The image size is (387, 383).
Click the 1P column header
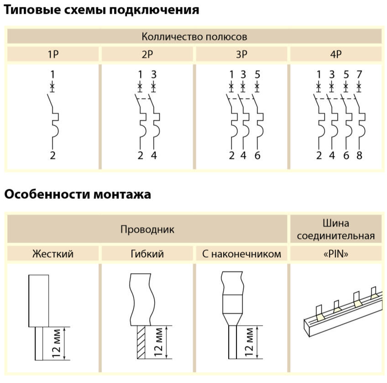(x=53, y=54)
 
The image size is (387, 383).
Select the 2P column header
(x=147, y=54)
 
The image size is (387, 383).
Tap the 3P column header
(x=241, y=54)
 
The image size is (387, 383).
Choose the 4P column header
(x=336, y=54)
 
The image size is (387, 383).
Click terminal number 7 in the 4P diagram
(x=359, y=74)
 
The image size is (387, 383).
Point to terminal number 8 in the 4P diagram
(x=359, y=155)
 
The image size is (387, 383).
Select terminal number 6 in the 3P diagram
(x=257, y=155)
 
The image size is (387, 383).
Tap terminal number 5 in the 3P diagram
(x=257, y=74)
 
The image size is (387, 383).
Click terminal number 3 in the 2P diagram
(x=154, y=74)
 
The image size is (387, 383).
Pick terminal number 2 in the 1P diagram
(x=52, y=155)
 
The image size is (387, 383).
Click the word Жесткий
(x=53, y=254)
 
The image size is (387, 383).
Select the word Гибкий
(x=147, y=254)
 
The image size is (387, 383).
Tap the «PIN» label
(x=336, y=254)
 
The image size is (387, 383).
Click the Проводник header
(x=147, y=230)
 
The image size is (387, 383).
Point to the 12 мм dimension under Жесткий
(x=56, y=343)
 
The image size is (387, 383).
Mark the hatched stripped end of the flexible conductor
(x=141, y=342)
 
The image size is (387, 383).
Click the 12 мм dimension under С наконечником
(x=249, y=342)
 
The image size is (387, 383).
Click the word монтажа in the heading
(x=122, y=194)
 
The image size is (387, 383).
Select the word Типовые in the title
(x=32, y=10)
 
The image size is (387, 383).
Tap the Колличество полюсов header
(x=194, y=37)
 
